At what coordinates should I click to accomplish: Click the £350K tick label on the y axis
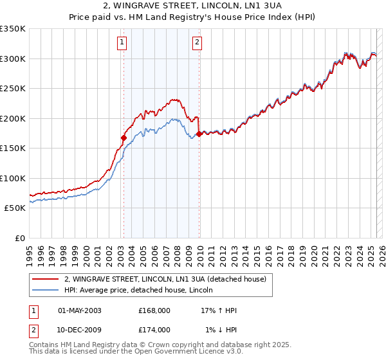[x=13, y=29]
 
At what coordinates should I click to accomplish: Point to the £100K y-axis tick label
[x=13, y=178]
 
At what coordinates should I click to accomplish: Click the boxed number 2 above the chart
[x=197, y=43]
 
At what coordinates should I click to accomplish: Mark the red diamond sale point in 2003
[x=124, y=138]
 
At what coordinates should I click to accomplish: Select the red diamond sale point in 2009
[x=199, y=134]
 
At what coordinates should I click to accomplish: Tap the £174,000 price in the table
[x=154, y=329]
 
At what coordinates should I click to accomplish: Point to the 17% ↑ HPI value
[x=219, y=310]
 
